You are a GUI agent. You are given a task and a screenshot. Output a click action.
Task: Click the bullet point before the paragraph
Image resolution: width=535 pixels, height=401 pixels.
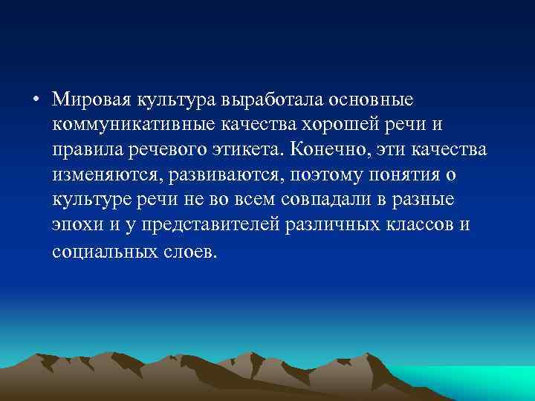pyautogui.click(x=36, y=99)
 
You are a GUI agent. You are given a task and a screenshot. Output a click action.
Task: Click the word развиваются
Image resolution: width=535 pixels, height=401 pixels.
pyautogui.click(x=224, y=176)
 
